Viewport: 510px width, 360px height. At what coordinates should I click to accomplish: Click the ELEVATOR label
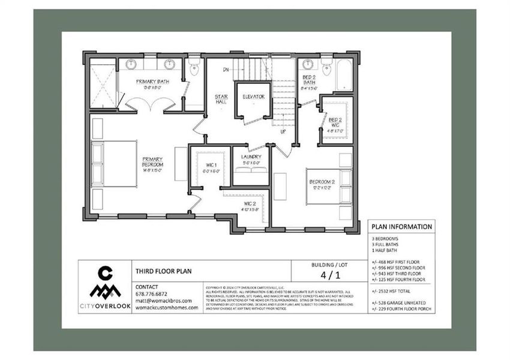(253, 97)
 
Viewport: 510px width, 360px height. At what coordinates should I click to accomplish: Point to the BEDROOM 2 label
(322, 182)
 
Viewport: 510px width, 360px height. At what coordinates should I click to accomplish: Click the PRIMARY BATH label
(151, 82)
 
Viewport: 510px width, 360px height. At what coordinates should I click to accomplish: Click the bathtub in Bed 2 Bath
(344, 76)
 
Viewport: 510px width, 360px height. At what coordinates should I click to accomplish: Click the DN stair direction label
(226, 70)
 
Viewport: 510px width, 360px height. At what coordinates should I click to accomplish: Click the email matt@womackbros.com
(164, 301)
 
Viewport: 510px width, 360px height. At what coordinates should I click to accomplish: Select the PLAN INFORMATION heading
(401, 227)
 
